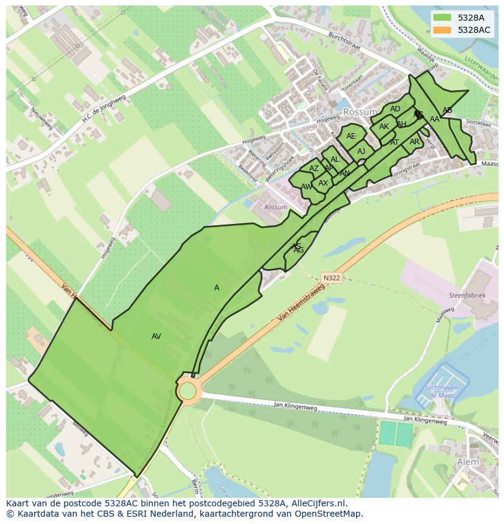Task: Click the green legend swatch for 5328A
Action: tap(442, 18)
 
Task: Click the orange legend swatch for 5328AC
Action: tap(442, 30)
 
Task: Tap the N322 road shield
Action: tap(332, 278)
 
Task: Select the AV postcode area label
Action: tap(156, 337)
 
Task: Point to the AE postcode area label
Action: tap(351, 136)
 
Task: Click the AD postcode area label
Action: tap(396, 110)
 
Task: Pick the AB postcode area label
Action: tap(447, 110)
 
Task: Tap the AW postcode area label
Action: tap(307, 187)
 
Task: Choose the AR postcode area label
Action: tap(415, 142)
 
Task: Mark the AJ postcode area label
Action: tap(362, 152)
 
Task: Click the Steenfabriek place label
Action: tap(467, 295)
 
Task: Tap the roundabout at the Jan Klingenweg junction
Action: tap(188, 390)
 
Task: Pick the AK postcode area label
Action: tap(384, 127)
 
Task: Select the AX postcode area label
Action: tap(323, 183)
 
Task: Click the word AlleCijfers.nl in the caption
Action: tap(317, 503)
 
